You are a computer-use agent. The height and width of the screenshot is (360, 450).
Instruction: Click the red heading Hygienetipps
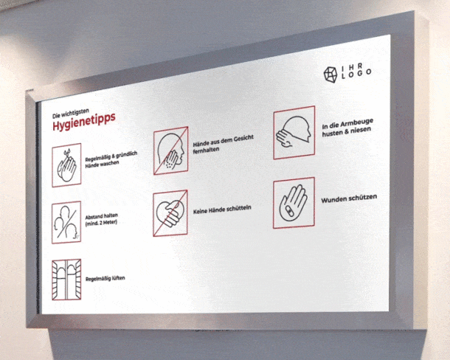tap(84, 122)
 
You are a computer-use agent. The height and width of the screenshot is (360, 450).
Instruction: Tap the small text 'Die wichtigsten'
tap(71, 114)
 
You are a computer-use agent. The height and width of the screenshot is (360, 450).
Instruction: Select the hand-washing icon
tap(66, 165)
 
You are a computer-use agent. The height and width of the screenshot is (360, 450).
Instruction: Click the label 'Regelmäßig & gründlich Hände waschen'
tap(111, 159)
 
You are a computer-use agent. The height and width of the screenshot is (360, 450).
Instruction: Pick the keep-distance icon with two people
tap(66, 222)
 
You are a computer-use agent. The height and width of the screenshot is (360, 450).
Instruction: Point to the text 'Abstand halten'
tap(102, 216)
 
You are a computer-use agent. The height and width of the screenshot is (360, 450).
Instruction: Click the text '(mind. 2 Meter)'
tap(101, 223)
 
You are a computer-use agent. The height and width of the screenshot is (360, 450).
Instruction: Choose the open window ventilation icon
tap(66, 280)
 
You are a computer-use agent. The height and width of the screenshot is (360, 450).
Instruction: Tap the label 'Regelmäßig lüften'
tap(105, 278)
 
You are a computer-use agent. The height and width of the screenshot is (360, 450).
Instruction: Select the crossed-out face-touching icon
tap(170, 150)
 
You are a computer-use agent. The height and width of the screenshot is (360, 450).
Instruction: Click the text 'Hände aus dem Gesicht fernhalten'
tap(223, 143)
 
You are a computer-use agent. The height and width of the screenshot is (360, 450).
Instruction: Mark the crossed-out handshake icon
tap(170, 213)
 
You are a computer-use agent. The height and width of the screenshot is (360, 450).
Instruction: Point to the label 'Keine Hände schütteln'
tap(222, 209)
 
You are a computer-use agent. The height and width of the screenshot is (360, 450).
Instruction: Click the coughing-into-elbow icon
tap(294, 132)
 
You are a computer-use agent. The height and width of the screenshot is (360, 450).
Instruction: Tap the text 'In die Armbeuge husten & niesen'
tap(347, 127)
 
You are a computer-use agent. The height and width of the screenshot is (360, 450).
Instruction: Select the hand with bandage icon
tap(294, 203)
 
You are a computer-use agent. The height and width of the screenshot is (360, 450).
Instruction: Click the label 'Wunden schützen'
tap(349, 198)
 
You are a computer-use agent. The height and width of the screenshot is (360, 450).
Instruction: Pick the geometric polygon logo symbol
tap(330, 75)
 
